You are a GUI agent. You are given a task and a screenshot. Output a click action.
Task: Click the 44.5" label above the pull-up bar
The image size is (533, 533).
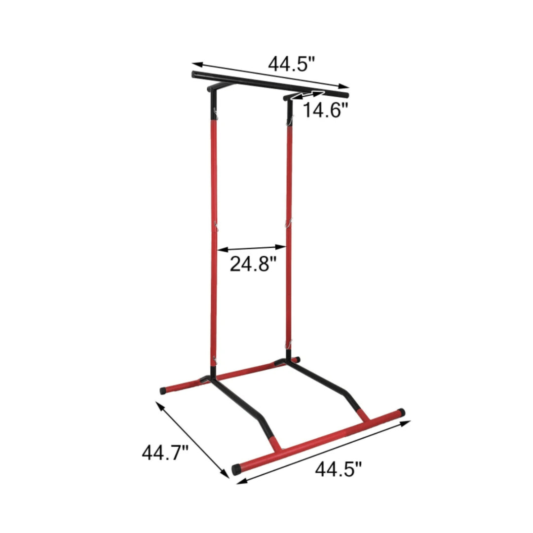(x=291, y=64)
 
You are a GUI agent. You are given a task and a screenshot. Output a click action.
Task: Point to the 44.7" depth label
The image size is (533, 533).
(x=165, y=452)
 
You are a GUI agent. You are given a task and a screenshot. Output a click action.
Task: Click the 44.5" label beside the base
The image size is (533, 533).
(x=339, y=468)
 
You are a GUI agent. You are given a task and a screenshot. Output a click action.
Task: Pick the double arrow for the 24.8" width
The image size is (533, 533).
(x=252, y=248)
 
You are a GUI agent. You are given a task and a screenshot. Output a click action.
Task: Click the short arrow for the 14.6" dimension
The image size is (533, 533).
(x=308, y=95)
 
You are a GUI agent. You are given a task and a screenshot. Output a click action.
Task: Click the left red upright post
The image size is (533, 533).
(x=214, y=237)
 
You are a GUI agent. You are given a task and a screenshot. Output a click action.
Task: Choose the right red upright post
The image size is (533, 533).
(x=289, y=232)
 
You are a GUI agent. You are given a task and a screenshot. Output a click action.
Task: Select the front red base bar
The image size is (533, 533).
(x=321, y=439)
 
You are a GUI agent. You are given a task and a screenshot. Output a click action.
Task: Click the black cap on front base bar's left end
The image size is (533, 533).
(x=237, y=468)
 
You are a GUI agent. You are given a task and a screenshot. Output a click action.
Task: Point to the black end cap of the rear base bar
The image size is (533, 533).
(x=163, y=390)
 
